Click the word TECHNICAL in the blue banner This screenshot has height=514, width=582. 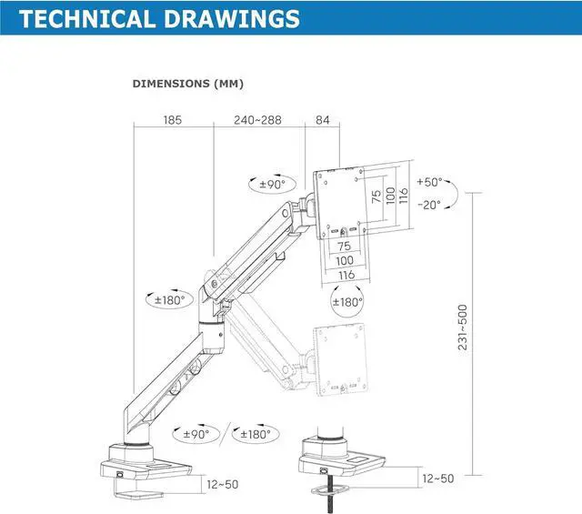point(87,18)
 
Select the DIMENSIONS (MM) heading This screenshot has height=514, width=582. point(188,84)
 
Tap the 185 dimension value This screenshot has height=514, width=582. point(173,119)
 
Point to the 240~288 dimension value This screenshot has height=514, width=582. point(257,119)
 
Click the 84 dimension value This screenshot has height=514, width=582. point(323,119)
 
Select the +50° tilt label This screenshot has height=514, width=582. point(429,182)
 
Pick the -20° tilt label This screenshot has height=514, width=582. point(429,205)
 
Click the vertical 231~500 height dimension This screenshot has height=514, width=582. point(463,328)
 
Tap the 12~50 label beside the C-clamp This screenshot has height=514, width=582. point(223,484)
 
